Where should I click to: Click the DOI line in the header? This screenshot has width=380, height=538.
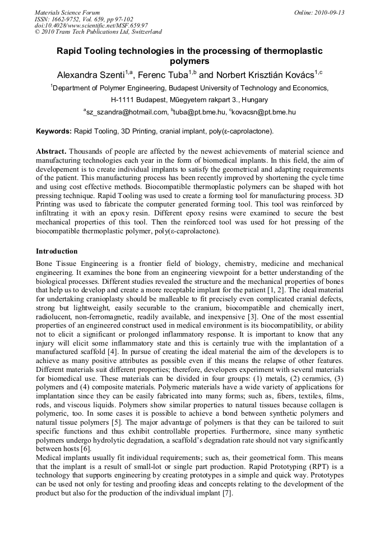click(x=91, y=25)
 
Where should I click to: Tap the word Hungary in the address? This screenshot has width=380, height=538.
click(x=238, y=100)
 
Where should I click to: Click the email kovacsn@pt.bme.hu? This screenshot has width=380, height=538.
click(x=263, y=112)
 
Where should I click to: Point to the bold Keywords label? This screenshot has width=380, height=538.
click(x=53, y=131)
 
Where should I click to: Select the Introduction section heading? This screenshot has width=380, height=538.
click(x=57, y=251)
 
